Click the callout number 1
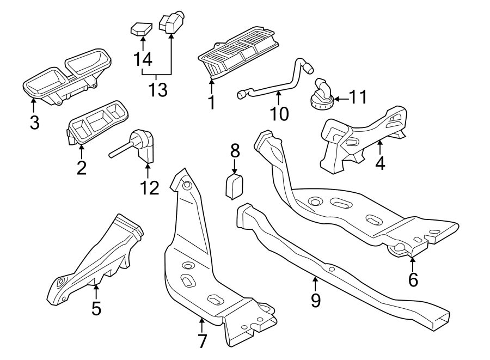click(211, 102)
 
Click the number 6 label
click(413, 280)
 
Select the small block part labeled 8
click(234, 185)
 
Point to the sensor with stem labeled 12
click(139, 147)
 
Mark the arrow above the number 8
click(235, 166)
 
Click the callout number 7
click(202, 341)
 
